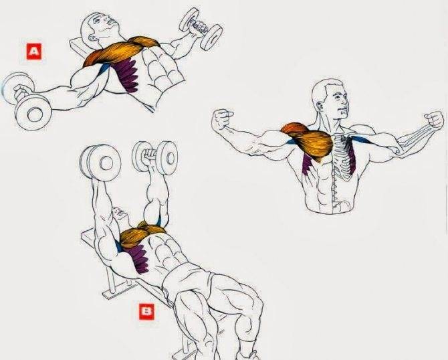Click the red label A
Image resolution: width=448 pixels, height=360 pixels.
coord(34,52)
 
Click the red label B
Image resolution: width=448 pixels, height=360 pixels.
coord(146,312)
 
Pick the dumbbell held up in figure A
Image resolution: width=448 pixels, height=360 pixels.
coord(201,29)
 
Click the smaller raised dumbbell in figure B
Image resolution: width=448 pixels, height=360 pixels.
coord(154,157)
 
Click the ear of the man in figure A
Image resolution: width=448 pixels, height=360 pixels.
coord(92,37)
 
